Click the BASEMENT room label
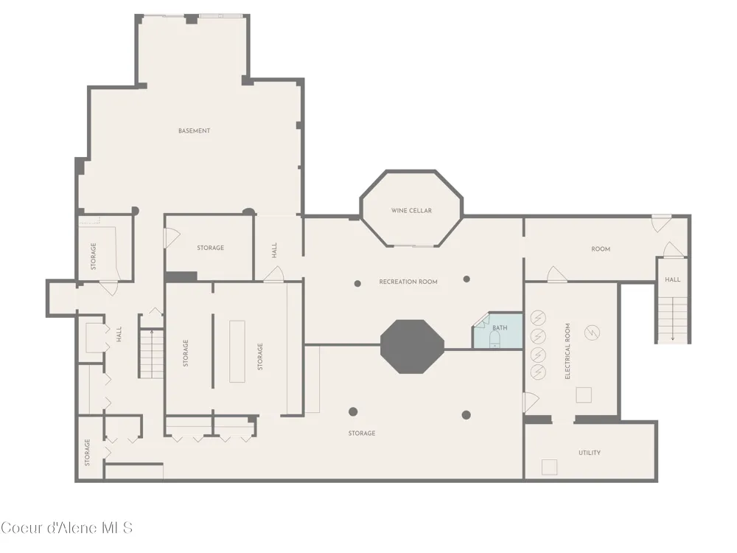194,131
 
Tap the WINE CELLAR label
411,211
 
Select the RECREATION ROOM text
408,282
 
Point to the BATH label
500,328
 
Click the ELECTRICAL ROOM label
567,351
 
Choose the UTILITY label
590,453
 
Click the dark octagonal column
412,347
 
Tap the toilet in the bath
495,338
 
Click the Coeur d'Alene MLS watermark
67,528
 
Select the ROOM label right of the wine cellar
601,249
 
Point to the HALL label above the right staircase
673,279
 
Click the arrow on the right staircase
673,320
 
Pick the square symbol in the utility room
550,467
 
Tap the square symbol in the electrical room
584,395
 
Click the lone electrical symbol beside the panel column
593,333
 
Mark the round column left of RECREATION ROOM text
357,284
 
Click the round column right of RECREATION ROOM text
467,279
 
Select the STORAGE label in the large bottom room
362,433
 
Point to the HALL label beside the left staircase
119,334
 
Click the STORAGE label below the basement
210,248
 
